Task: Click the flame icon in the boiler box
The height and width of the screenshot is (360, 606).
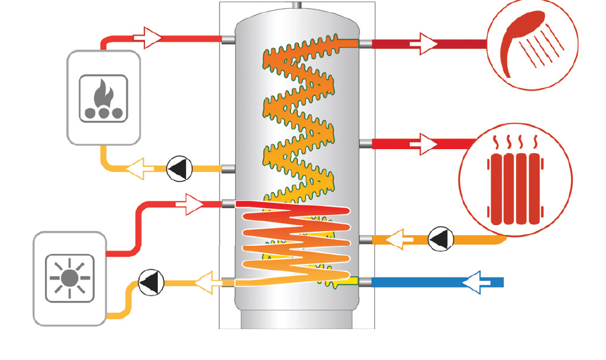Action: pos(103,93)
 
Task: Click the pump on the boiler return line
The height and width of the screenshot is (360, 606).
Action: pos(179,169)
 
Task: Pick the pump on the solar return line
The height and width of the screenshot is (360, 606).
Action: pos(150,282)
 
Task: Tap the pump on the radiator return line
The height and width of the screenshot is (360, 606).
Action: pos(441,238)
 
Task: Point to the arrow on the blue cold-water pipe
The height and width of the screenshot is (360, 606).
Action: pos(482,283)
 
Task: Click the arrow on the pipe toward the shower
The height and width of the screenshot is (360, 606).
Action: pos(425,44)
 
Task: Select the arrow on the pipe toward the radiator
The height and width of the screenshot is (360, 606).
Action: pos(427,143)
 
